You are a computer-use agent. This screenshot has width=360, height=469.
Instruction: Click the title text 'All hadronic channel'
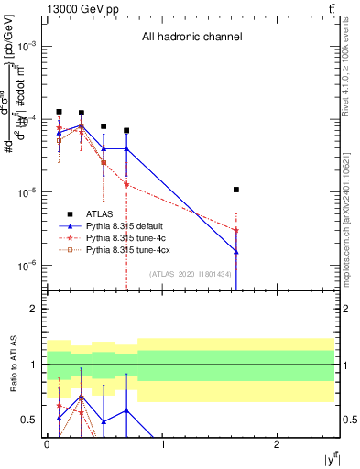[191, 38]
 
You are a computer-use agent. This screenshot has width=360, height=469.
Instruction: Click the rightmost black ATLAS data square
[236, 190]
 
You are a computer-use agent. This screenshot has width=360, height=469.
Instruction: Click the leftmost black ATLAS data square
[59, 112]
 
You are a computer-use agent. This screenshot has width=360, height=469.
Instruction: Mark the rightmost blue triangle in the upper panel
[236, 252]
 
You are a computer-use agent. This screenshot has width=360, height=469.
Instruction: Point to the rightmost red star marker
[236, 230]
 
